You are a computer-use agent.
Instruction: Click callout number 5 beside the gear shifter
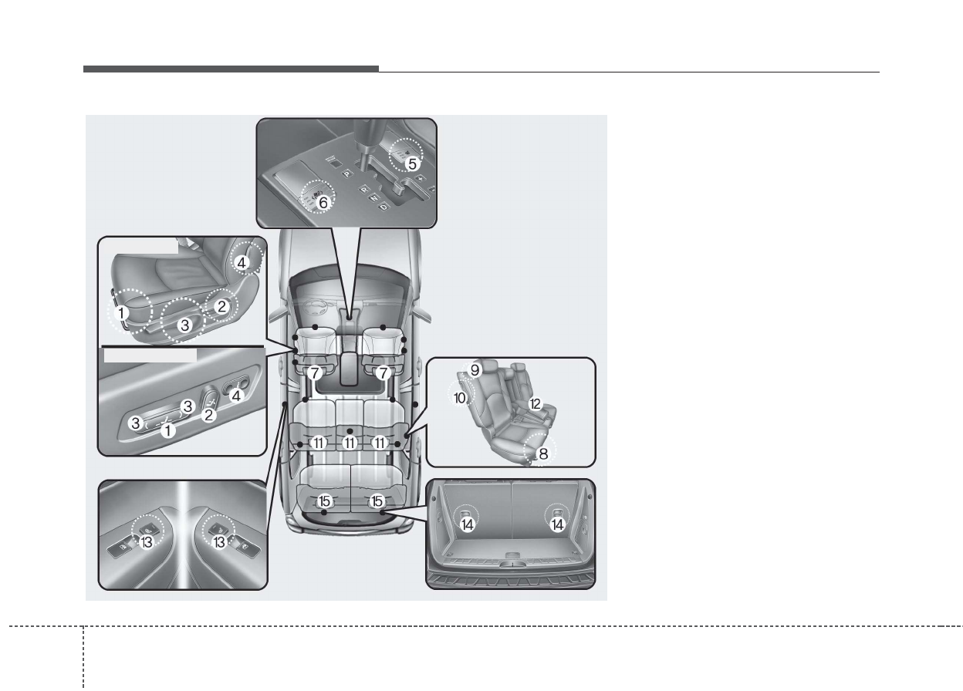coord(412,163)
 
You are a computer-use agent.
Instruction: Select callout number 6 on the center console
coord(323,202)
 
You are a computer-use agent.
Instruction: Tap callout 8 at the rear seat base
coord(543,454)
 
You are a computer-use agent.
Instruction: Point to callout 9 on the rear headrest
coord(475,370)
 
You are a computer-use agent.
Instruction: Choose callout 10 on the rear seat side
coord(460,398)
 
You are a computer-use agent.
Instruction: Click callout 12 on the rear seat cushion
coord(535,403)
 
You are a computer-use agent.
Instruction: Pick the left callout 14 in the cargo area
coord(468,524)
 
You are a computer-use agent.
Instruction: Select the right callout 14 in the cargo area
coord(558,524)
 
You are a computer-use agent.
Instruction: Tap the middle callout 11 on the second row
coord(350,443)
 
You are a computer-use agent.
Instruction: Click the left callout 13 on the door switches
coord(147,542)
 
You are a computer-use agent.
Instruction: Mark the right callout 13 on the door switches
coord(219,542)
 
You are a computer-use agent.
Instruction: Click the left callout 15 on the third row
coord(325,501)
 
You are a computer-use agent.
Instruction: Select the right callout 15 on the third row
coord(377,501)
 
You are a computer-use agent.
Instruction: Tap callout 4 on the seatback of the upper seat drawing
coord(242,262)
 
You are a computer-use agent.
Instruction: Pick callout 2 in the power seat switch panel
coord(208,414)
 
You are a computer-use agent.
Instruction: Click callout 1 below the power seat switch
coord(167,431)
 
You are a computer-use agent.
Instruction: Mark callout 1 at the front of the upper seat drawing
coord(121,314)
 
